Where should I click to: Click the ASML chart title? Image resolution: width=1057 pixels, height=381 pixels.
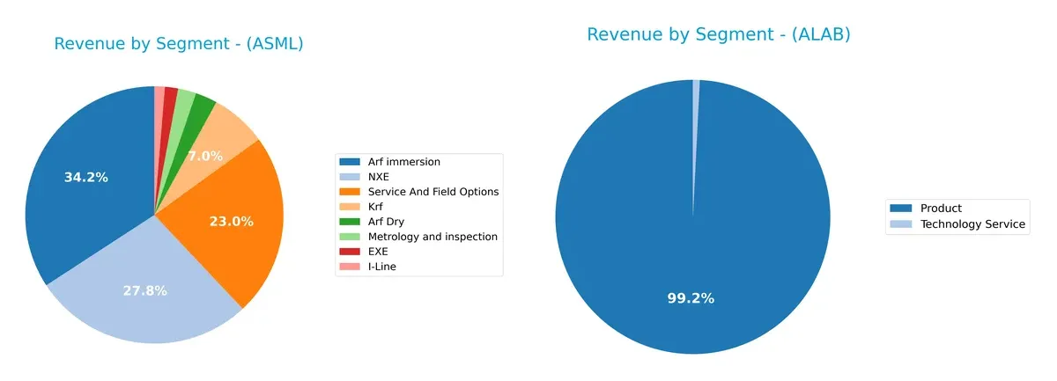(179, 44)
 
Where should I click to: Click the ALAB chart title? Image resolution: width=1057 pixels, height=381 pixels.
(718, 34)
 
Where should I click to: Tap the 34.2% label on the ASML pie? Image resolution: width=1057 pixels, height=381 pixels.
(86, 178)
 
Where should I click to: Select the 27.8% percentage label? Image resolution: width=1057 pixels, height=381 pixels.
(145, 290)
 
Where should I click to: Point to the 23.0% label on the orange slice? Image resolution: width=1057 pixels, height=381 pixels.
(232, 222)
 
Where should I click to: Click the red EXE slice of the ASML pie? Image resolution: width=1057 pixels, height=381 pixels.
(171, 99)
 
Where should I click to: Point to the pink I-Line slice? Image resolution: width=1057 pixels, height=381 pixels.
(159, 97)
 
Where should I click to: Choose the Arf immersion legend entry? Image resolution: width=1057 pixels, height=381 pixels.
(404, 162)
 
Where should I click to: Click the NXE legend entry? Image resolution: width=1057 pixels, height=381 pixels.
(380, 177)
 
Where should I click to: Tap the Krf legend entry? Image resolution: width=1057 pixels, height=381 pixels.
(378, 207)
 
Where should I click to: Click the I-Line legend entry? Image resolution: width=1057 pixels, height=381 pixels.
(382, 267)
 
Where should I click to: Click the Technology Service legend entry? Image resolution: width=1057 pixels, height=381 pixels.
(972, 224)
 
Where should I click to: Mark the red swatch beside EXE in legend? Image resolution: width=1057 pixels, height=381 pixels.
(351, 252)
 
